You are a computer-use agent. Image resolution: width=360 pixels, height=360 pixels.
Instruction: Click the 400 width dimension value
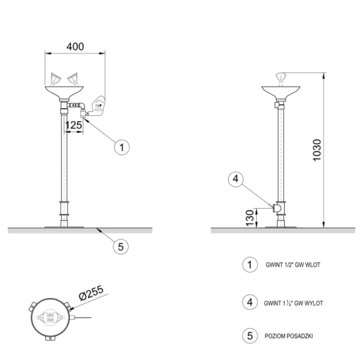click(x=75, y=47)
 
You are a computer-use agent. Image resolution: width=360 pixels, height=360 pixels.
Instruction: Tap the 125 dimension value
click(x=73, y=125)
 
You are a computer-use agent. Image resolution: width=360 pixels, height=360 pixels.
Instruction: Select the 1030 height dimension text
click(x=317, y=151)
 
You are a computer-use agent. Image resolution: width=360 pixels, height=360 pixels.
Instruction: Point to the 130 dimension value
click(x=250, y=217)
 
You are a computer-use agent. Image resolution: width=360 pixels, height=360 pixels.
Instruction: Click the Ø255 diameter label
click(x=91, y=293)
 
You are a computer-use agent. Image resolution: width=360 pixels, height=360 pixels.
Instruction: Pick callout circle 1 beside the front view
click(x=122, y=147)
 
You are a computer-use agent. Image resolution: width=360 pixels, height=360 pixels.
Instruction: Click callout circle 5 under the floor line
click(x=121, y=247)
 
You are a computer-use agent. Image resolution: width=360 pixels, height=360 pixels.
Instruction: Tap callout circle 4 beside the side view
click(x=236, y=179)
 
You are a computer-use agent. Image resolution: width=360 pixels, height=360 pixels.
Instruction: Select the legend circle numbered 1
click(x=250, y=265)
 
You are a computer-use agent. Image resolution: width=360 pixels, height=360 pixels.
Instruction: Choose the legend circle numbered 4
click(x=250, y=302)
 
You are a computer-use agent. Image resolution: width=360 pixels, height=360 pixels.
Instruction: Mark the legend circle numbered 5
click(x=250, y=336)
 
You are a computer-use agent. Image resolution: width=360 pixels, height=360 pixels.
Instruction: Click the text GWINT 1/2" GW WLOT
click(x=293, y=265)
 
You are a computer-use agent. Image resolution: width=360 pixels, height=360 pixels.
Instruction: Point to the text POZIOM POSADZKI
click(x=289, y=336)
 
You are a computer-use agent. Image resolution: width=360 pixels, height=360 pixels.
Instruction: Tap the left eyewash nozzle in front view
click(x=55, y=79)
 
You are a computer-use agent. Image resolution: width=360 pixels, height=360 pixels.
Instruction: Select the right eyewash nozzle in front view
click(x=73, y=78)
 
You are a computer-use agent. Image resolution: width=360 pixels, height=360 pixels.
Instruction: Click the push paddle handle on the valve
click(x=97, y=105)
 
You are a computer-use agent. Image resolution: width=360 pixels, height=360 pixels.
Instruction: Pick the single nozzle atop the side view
click(x=281, y=78)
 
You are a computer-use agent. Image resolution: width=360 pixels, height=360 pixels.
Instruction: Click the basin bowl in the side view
click(x=281, y=92)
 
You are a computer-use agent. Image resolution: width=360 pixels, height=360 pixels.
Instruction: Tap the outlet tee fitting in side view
click(x=278, y=208)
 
